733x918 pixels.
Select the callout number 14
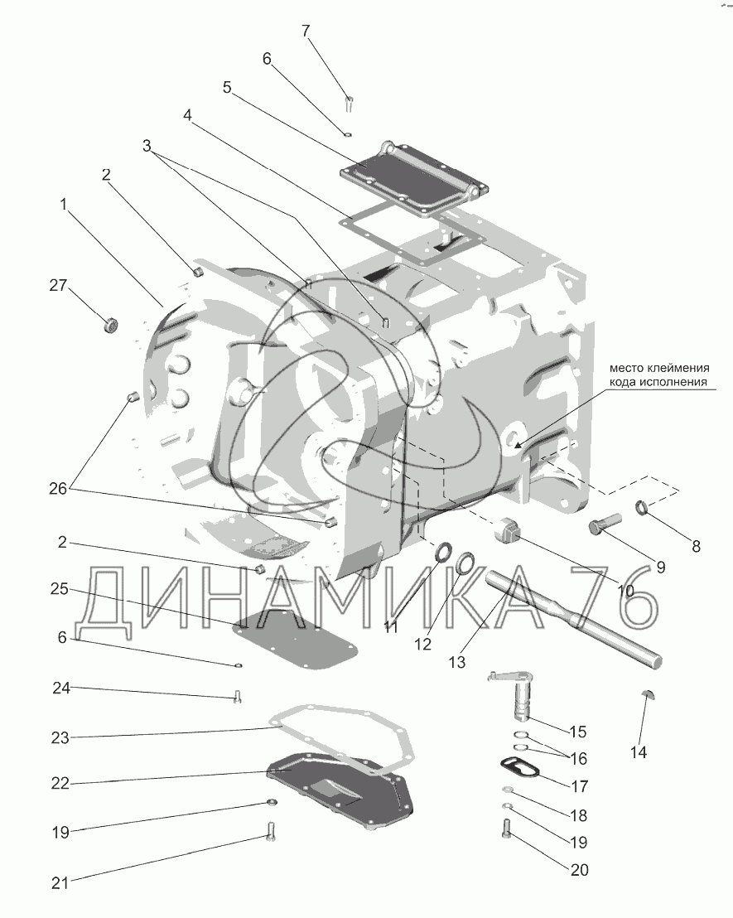[639, 752]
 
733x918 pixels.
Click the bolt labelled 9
[605, 527]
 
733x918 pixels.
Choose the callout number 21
[59, 883]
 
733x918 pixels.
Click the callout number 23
[59, 736]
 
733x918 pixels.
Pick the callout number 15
[578, 732]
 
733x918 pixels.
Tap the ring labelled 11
[443, 552]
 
